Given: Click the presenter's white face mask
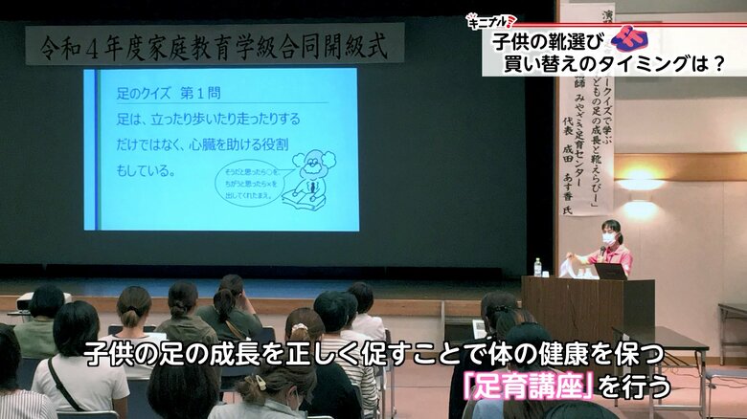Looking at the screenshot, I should [x=608, y=238].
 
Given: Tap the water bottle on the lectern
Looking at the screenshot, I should [x=537, y=267].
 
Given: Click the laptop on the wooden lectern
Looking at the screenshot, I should [x=610, y=271].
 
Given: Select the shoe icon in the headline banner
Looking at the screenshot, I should [x=628, y=38].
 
